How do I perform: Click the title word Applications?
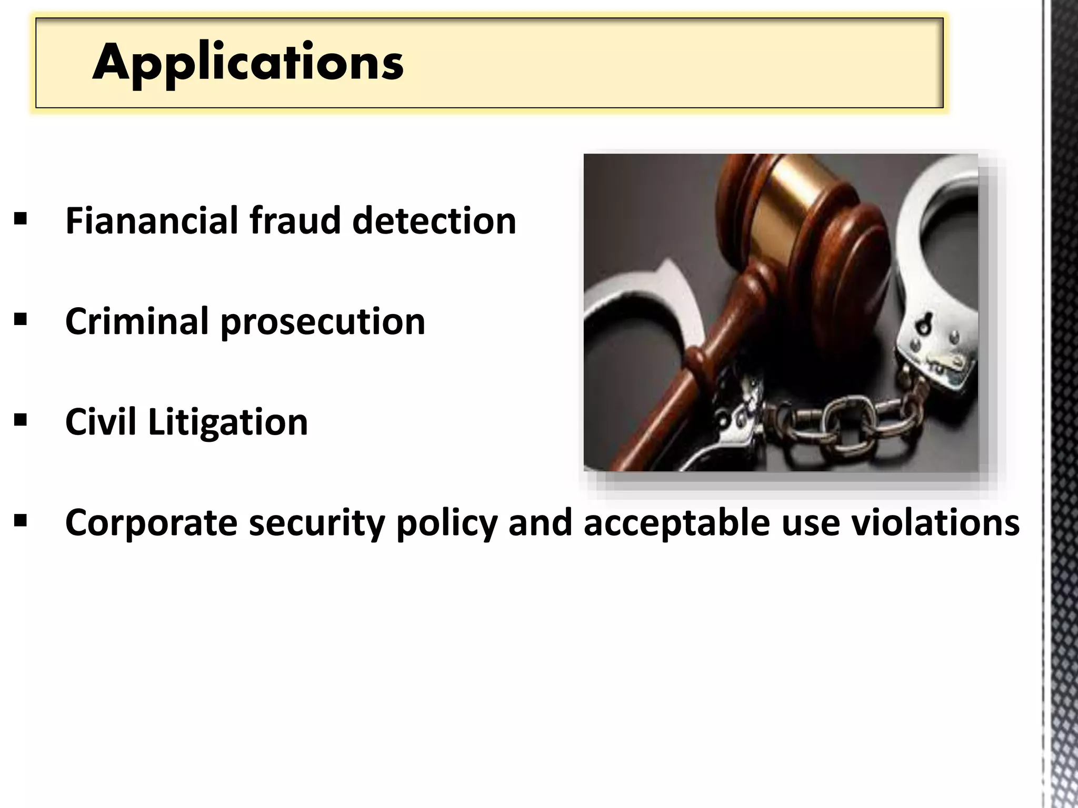tap(248, 63)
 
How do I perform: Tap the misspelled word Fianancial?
tap(152, 220)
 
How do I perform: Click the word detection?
tap(434, 220)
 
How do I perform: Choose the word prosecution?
tap(322, 322)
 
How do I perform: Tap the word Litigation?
tap(227, 423)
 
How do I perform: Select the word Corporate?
tap(151, 523)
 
